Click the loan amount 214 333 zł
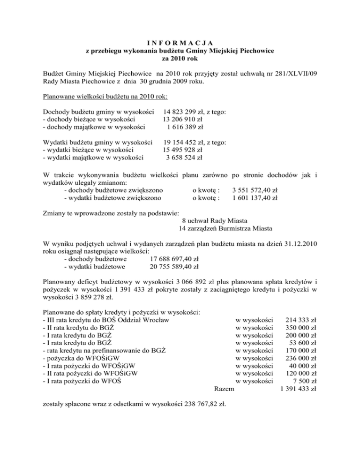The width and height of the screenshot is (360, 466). pyautogui.click(x=300, y=320)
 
